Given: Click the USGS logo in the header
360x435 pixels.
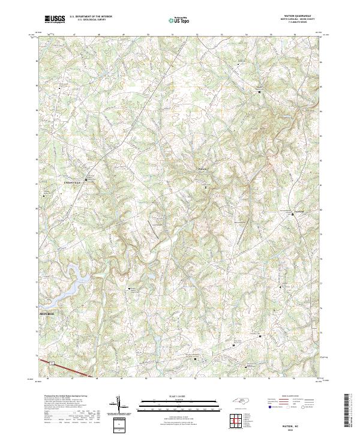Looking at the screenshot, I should click(54, 20).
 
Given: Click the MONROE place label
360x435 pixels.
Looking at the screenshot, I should click(47, 313).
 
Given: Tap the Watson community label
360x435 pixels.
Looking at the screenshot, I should click(202, 169).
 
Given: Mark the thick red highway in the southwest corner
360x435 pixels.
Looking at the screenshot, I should click(72, 368).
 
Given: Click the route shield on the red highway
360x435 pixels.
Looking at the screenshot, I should click(53, 363).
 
